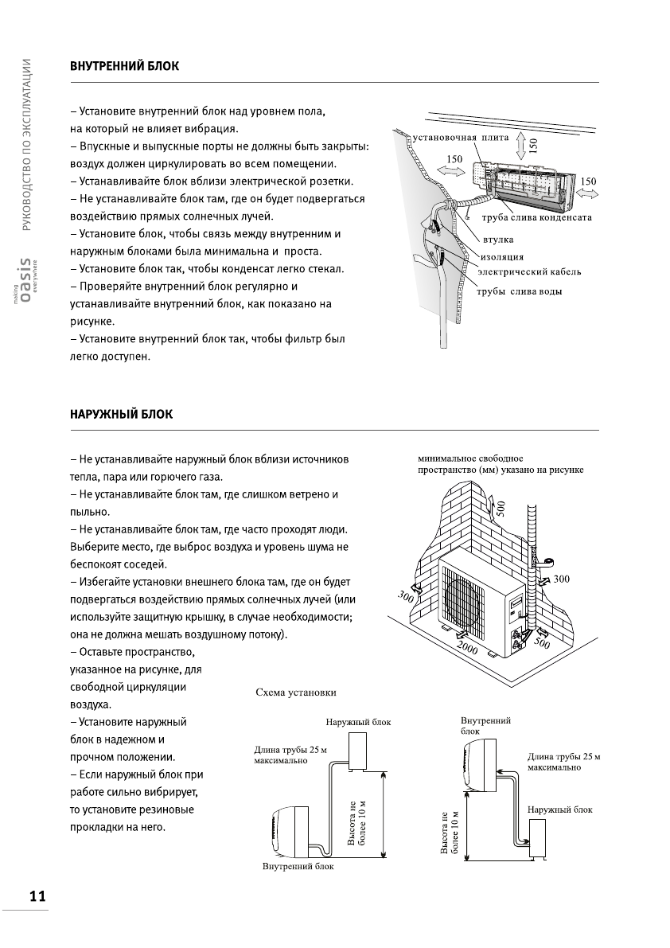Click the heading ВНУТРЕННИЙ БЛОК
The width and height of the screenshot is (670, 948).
[x=124, y=67]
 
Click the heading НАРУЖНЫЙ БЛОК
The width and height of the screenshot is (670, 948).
[x=121, y=415]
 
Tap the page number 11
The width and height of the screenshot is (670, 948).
[x=37, y=896]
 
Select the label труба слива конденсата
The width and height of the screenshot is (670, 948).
[x=536, y=218]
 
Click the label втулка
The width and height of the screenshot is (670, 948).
[x=497, y=239]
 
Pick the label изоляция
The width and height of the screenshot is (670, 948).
[x=502, y=256]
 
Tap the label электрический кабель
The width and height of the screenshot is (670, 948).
[x=528, y=271]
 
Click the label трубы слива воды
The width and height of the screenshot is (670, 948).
[x=519, y=291]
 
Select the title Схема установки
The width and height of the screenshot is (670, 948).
[x=295, y=692]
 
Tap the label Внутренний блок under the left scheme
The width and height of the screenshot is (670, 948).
[x=298, y=866]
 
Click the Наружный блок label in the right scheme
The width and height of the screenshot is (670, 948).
[x=559, y=809]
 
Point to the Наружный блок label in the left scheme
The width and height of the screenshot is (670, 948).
[x=358, y=722]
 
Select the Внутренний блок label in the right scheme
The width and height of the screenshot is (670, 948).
[x=485, y=724]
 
